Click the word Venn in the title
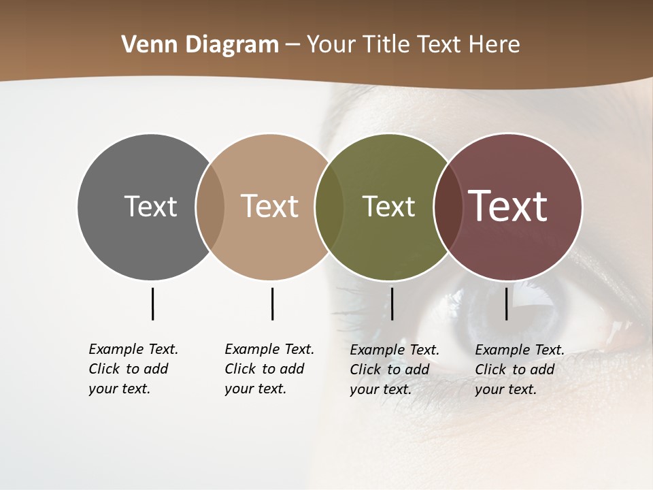144,45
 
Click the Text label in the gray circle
150,206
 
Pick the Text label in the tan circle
270,206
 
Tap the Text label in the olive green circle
388,206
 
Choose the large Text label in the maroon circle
508,206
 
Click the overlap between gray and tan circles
210,206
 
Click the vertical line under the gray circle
152,304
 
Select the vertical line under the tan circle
272,304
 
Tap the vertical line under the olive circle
392,304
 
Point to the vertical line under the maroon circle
506,304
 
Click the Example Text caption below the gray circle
133,369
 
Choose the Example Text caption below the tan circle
269,369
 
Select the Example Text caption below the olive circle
394,370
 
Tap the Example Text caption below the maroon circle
519,370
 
